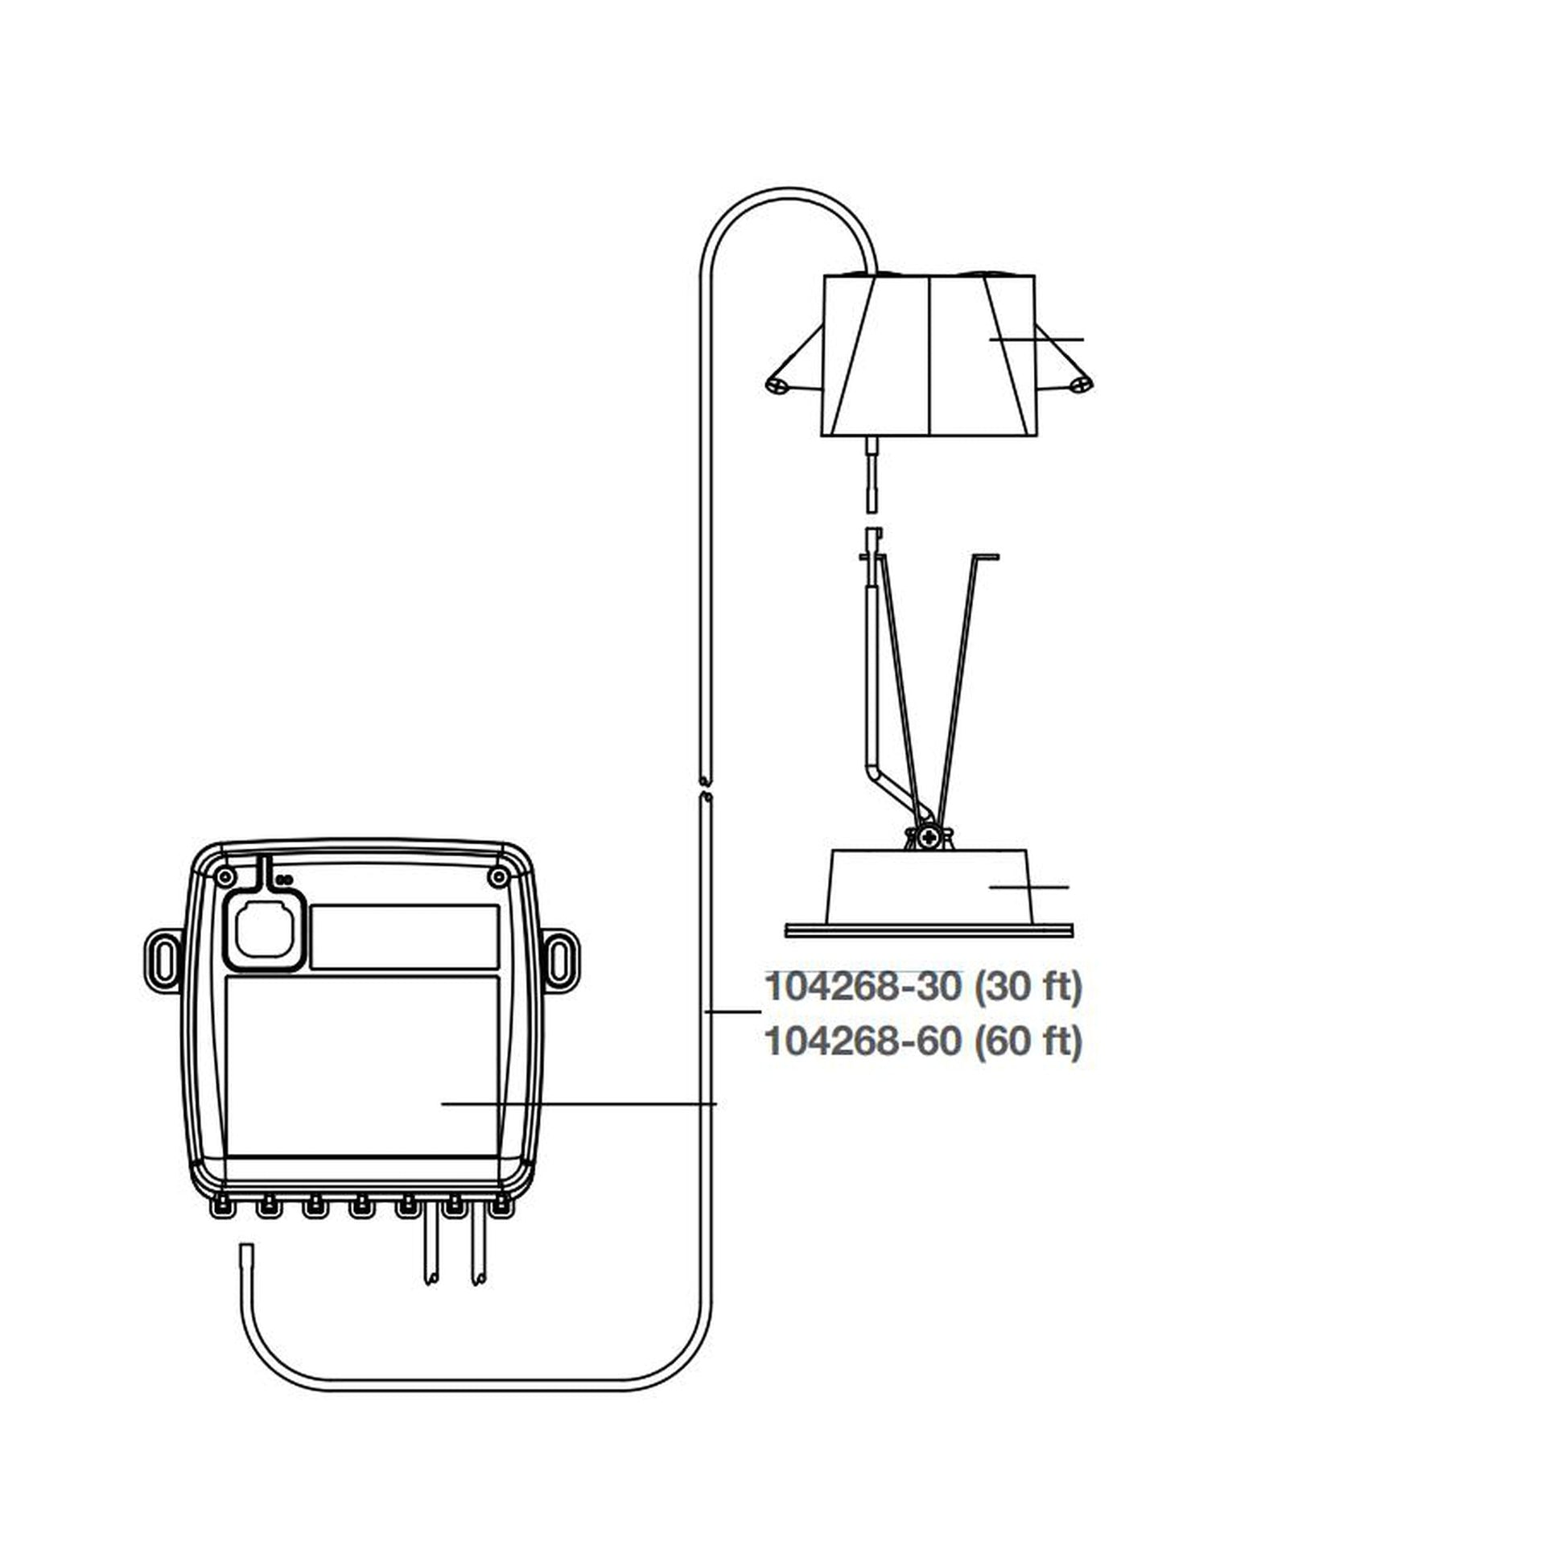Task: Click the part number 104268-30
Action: coord(863,987)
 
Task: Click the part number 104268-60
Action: coord(863,1042)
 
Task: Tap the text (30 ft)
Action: coord(1027,987)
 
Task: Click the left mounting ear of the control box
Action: coord(163,961)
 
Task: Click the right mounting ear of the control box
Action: coord(561,961)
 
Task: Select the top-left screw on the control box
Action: coord(226,876)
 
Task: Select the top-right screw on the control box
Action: coord(498,876)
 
